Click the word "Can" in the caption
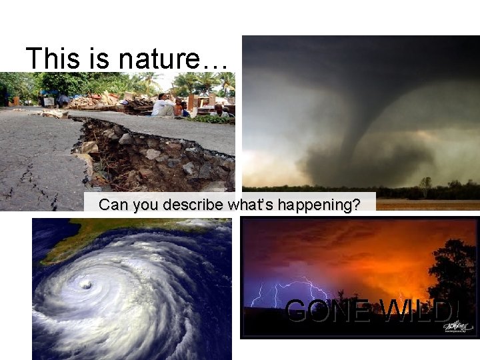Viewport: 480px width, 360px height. (x=112, y=205)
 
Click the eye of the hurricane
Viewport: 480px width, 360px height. (x=85, y=285)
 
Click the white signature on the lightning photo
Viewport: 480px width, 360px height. (x=457, y=325)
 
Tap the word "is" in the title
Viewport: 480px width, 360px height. (x=93, y=58)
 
